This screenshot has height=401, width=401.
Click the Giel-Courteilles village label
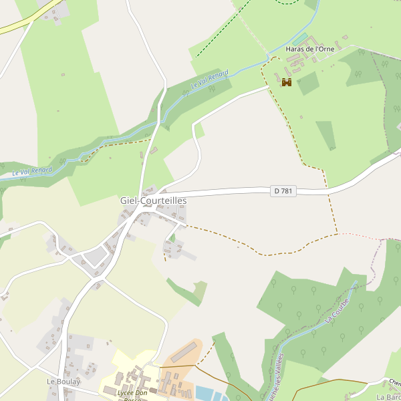coord(153,200)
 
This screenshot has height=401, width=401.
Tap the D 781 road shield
coord(283,191)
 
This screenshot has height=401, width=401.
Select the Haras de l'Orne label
coord(310,49)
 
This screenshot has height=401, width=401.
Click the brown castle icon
coord(287,82)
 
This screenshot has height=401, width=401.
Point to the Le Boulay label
coord(63,381)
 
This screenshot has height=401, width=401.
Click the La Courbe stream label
coord(337,311)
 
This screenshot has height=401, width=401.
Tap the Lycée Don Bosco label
coord(132,394)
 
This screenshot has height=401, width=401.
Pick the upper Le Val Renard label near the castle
coord(210,80)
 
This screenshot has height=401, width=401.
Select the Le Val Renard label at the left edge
coord(31,172)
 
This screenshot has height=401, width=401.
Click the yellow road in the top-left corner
coord(17,27)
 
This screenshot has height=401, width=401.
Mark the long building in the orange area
coord(185,352)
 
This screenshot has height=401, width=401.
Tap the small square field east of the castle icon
coord(308,84)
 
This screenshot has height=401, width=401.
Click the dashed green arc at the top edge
coord(287,3)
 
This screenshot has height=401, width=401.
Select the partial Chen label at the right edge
coord(394,383)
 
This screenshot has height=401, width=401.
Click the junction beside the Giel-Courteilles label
coord(143,208)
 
